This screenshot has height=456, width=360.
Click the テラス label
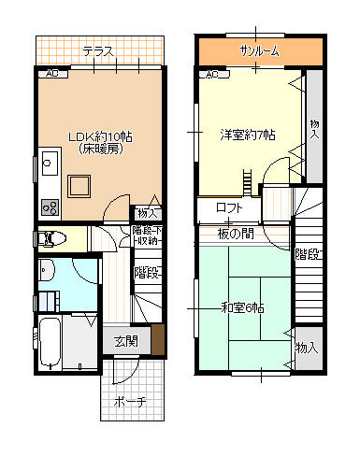(97, 50)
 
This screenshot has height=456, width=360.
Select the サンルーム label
(258, 51)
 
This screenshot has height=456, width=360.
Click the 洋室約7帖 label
(247, 135)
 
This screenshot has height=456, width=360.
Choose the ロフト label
(229, 207)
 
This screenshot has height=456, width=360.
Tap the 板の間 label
(236, 233)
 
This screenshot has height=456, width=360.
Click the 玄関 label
(126, 341)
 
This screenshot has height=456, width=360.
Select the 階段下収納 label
(147, 235)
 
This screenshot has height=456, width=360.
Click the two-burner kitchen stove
(50, 207)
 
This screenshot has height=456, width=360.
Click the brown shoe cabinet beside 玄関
(158, 337)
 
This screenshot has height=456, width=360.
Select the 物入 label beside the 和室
(306, 348)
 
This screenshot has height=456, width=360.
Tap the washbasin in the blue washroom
(47, 272)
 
